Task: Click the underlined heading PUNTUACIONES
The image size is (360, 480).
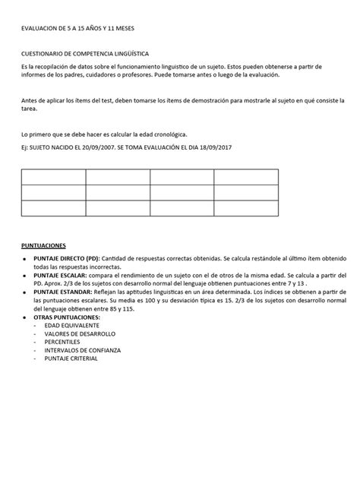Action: [x=43, y=246]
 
